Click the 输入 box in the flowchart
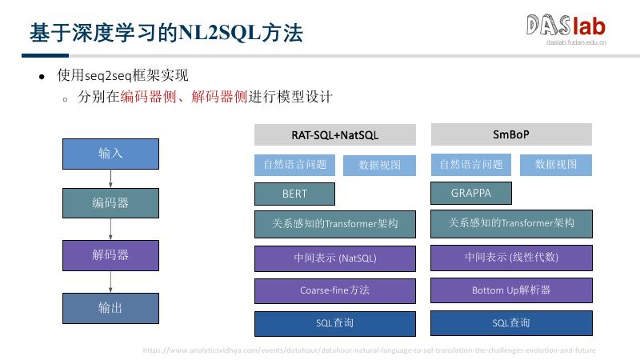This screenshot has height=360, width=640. point(110,153)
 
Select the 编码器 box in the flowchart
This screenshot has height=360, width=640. point(110,203)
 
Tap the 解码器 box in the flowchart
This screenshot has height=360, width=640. point(110,255)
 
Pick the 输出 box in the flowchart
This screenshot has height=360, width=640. point(110,308)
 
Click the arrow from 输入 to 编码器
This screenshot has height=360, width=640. point(110,178)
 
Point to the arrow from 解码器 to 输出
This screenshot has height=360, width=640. point(110,282)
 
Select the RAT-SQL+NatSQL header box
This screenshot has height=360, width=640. point(335,134)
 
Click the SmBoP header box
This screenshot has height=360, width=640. point(511,134)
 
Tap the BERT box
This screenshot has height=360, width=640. point(294,194)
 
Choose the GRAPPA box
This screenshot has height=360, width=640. point(471,193)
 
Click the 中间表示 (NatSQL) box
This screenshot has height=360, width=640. point(335,258)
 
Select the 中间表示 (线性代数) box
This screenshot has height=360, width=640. point(511,258)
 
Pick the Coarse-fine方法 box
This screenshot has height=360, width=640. point(335,290)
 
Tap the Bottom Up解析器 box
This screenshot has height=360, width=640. point(511,290)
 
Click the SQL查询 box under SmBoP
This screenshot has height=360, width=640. point(511,323)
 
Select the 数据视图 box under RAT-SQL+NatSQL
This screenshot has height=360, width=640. point(380,165)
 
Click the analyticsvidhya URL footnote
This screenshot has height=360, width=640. point(369,350)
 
